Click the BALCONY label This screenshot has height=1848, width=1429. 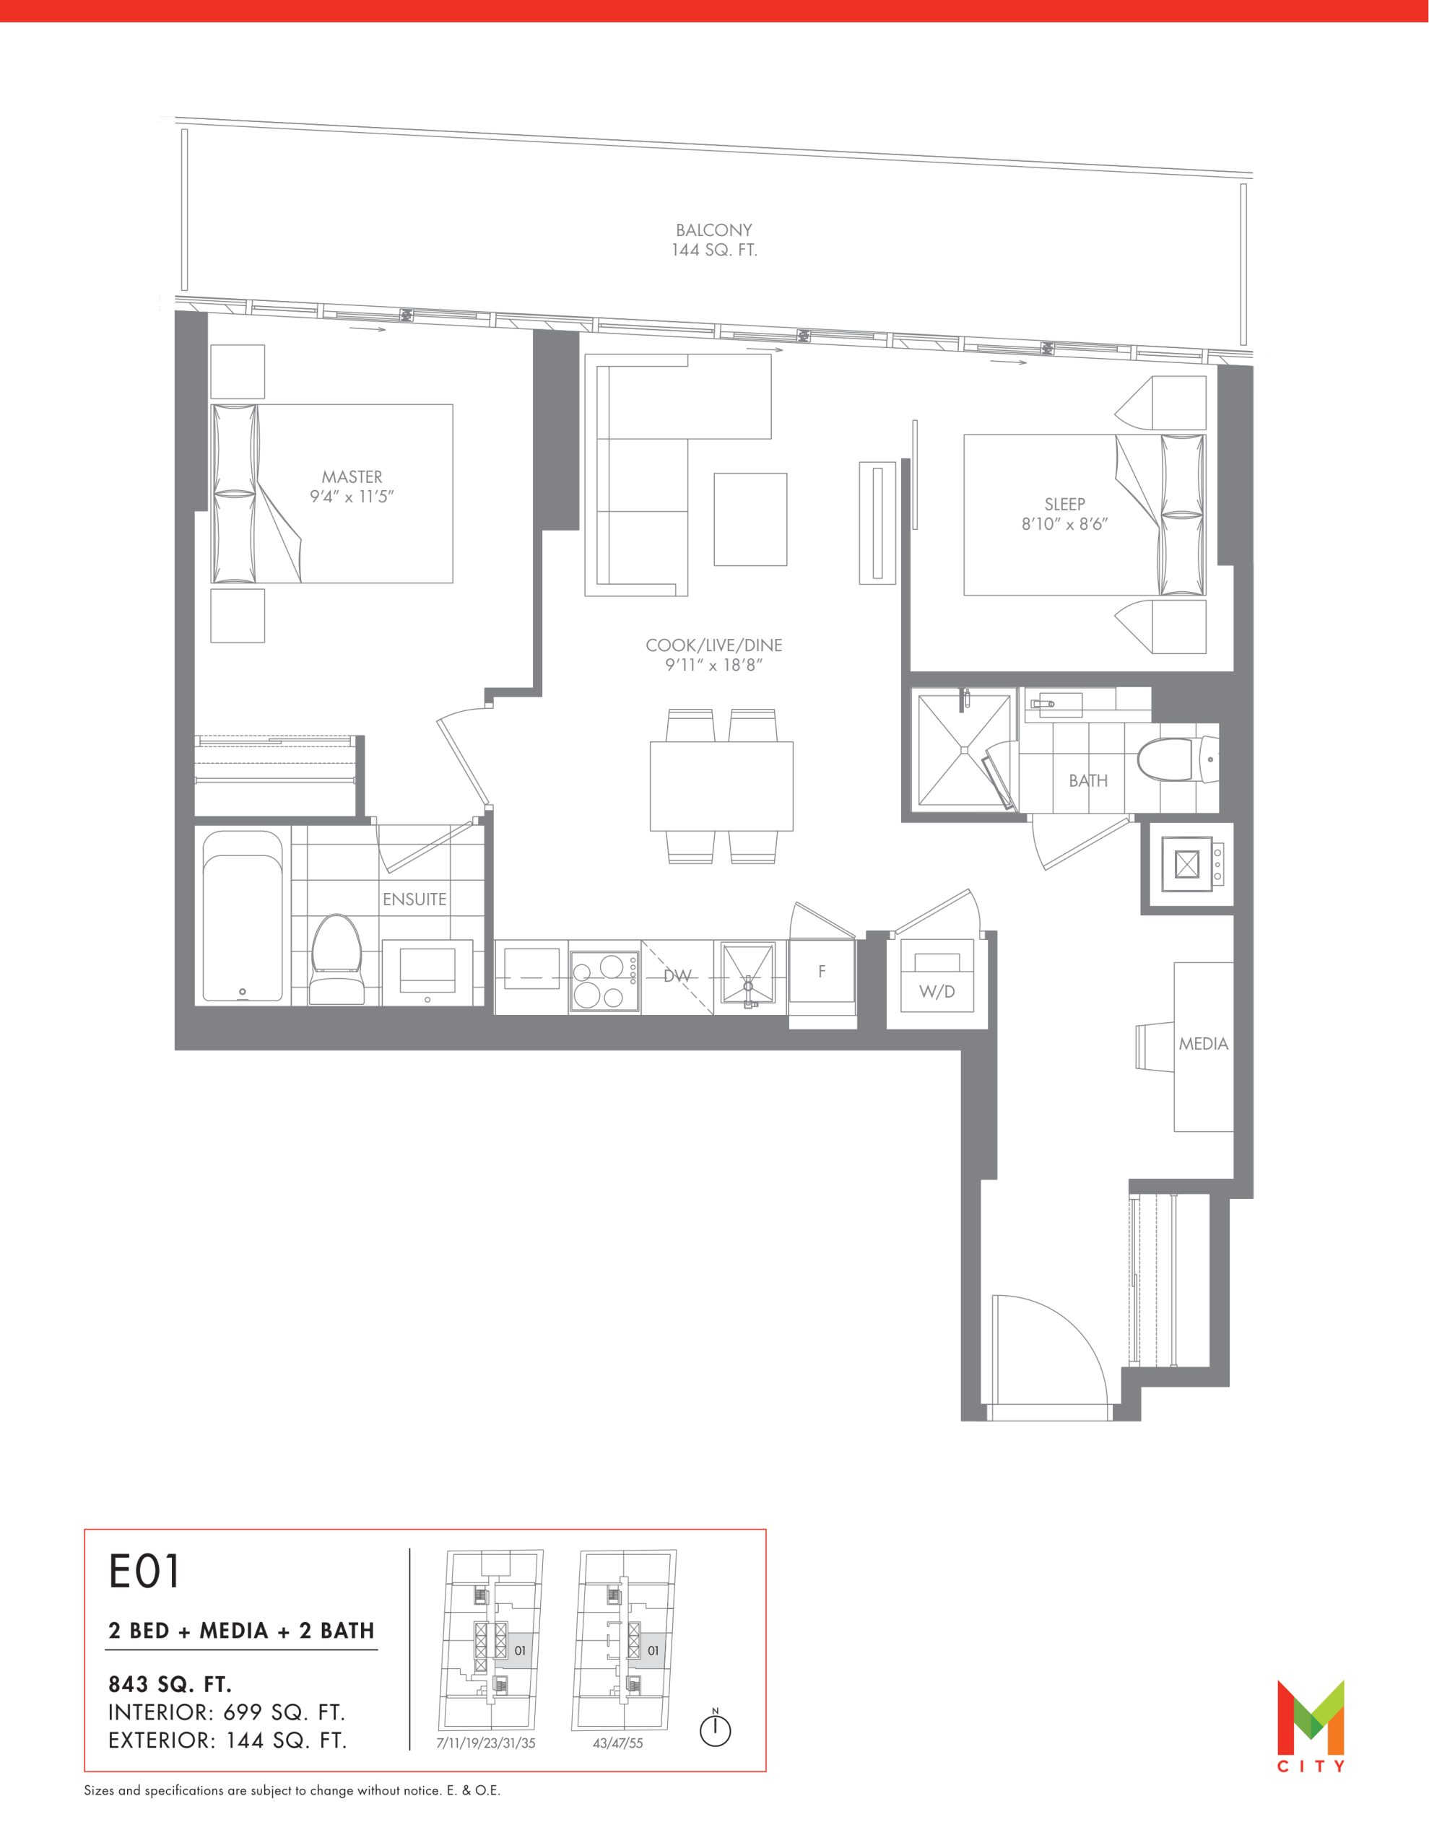click(713, 230)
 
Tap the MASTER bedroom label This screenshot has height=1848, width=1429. click(352, 477)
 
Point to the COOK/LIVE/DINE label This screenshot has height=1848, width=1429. click(713, 645)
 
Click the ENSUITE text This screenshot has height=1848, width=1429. click(414, 899)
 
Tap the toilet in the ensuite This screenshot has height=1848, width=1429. click(338, 959)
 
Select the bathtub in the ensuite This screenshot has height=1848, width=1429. click(242, 915)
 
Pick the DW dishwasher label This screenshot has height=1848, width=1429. click(677, 976)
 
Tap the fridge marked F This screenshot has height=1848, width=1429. click(821, 973)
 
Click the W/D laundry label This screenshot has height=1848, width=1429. click(937, 992)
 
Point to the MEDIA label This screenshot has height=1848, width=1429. click(1203, 1044)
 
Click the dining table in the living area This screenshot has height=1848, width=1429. click(721, 786)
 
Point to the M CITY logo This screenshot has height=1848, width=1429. click(1311, 1726)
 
